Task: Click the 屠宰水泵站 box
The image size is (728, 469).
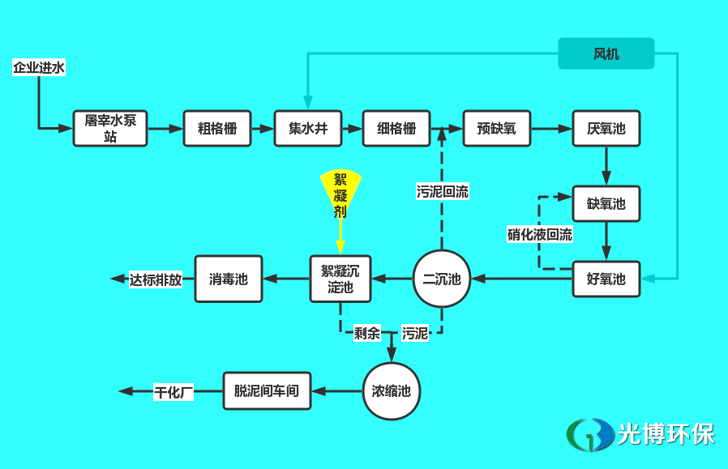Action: click(110, 128)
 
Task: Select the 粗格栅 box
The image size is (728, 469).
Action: click(217, 128)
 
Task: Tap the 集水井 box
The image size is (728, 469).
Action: click(308, 128)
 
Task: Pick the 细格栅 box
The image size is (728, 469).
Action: click(396, 128)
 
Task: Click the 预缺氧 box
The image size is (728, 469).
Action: click(497, 128)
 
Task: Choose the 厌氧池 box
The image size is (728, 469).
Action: click(606, 128)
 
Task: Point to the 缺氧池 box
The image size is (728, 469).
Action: click(606, 204)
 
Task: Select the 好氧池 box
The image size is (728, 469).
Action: click(606, 279)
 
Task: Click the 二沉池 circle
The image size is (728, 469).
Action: click(442, 279)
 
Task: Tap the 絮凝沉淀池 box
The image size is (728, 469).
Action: click(340, 279)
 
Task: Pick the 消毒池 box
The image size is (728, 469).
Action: click(229, 279)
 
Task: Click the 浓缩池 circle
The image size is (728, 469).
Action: click(392, 391)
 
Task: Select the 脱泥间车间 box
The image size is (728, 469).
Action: click(267, 391)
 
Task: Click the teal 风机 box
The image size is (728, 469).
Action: click(606, 54)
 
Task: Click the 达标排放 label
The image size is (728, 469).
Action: click(156, 280)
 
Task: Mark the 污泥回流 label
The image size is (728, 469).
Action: click(443, 192)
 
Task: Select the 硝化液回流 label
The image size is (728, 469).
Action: click(540, 235)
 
